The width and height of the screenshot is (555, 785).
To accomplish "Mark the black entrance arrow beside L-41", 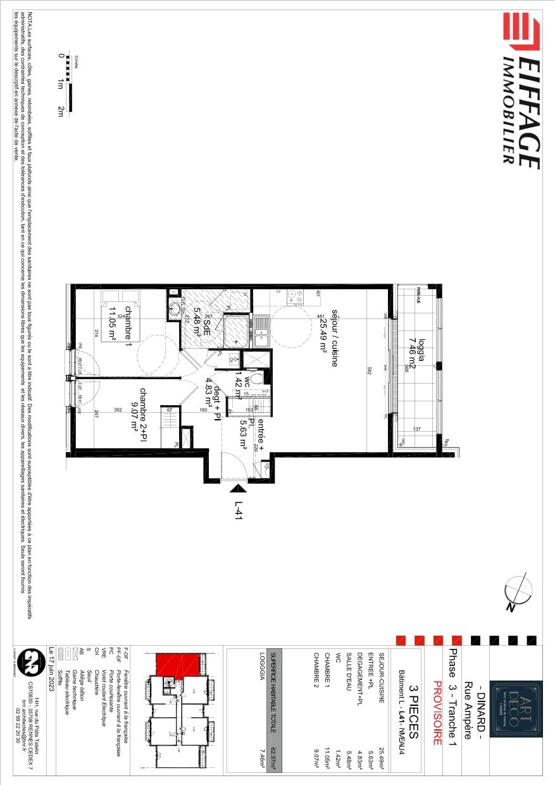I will [x=239, y=488].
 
